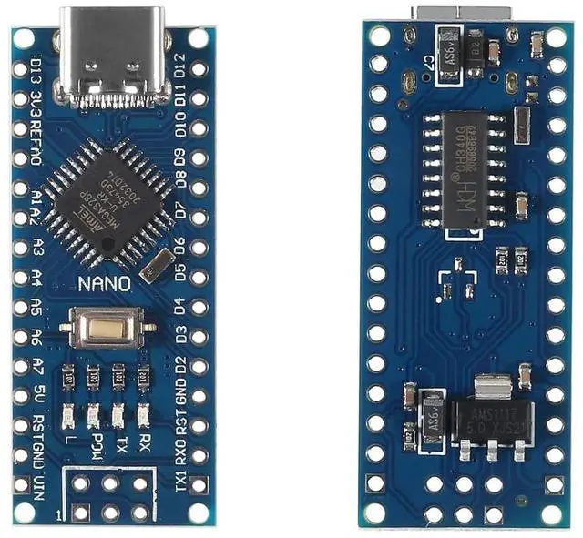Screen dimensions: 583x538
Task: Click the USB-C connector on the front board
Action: [111, 56]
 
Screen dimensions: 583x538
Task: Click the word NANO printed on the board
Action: [104, 283]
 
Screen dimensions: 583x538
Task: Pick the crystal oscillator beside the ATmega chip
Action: [154, 267]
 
